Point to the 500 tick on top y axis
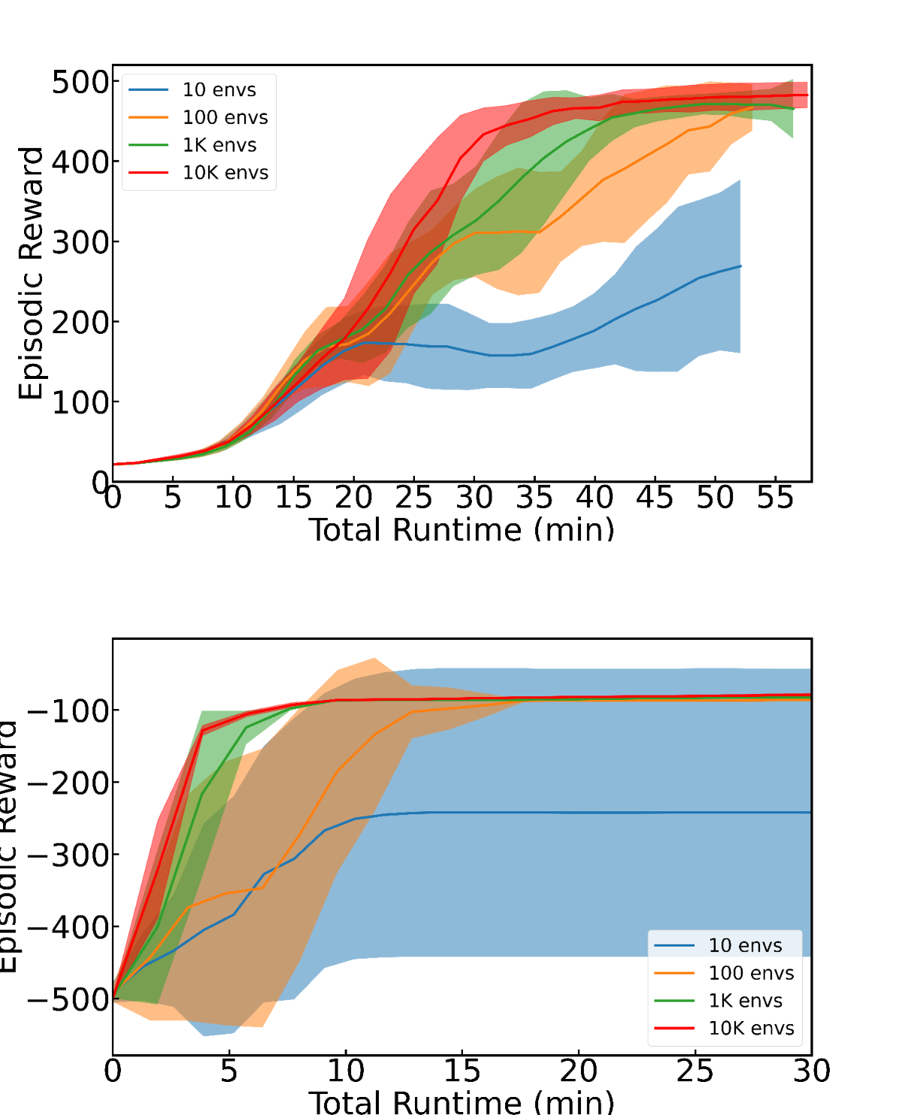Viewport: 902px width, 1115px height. coord(80,82)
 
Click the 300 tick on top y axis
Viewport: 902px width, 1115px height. coord(80,242)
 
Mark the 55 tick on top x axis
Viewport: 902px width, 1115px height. coord(775,498)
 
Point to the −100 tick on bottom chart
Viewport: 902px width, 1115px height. coord(67,711)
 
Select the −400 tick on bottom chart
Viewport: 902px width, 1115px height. coord(67,928)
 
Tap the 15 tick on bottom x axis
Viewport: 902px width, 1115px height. coord(462,1071)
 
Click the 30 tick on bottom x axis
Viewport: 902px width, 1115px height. coord(811,1071)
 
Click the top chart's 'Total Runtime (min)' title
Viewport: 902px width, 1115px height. coord(462,530)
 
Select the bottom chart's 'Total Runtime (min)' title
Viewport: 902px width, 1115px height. coord(462,1102)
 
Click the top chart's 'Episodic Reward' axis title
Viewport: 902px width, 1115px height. coord(32,274)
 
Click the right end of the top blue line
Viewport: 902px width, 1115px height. coord(740,266)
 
